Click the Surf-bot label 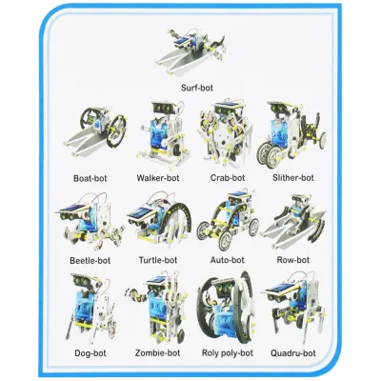(198, 88)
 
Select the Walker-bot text (158, 177)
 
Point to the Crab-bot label (227, 177)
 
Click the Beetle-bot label (91, 259)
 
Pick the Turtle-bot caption (158, 259)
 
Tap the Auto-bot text (227, 259)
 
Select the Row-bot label (291, 259)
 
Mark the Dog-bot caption (91, 352)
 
